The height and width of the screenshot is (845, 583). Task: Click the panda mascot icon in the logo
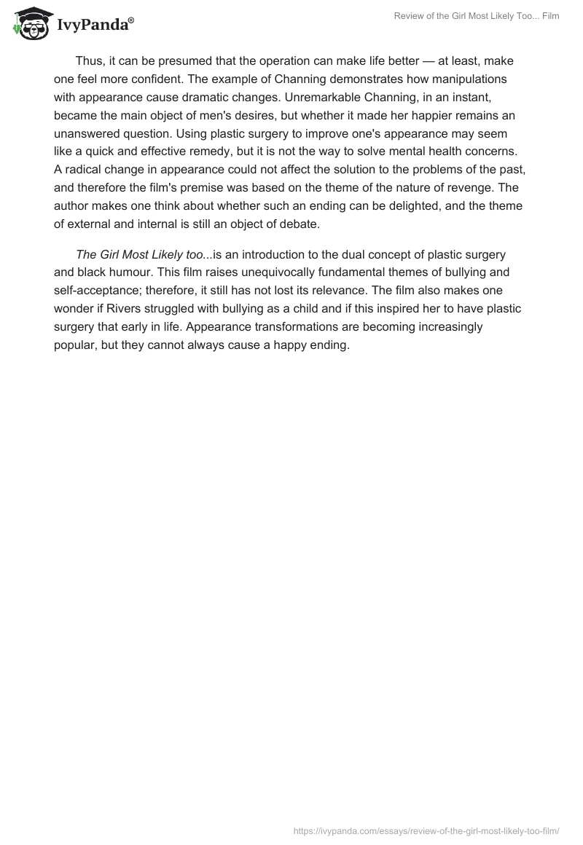coord(29,23)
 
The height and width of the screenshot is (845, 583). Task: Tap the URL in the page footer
coord(426,830)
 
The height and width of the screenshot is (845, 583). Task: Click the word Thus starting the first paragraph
coord(90,61)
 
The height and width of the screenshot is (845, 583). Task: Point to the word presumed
coord(195,61)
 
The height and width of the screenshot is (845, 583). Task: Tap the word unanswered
coord(92,133)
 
